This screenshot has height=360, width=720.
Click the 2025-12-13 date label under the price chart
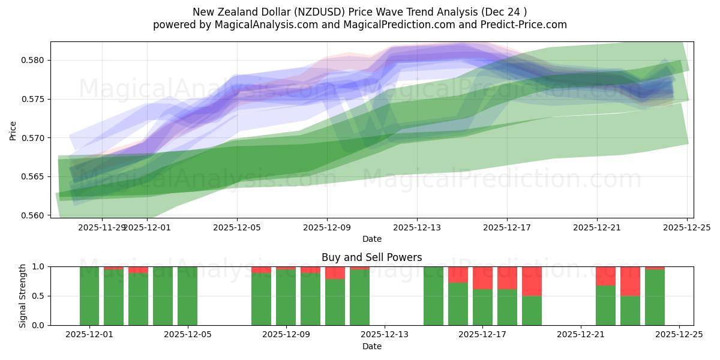pyautogui.click(x=417, y=227)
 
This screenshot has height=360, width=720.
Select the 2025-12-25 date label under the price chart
pyautogui.click(x=687, y=227)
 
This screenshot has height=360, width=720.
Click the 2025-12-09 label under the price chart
pyautogui.click(x=327, y=227)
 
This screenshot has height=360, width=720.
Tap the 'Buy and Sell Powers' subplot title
pyautogui.click(x=371, y=257)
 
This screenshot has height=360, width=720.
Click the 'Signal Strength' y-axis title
pyautogui.click(x=22, y=296)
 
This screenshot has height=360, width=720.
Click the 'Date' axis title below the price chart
pyautogui.click(x=371, y=239)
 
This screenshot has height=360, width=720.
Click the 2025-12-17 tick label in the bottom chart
pyautogui.click(x=482, y=335)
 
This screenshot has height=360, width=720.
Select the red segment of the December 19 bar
pyautogui.click(x=532, y=281)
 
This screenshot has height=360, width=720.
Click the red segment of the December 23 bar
pyautogui.click(x=630, y=281)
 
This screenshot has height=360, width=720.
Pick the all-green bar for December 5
pyautogui.click(x=187, y=296)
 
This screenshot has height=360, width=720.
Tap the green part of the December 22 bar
pyautogui.click(x=605, y=305)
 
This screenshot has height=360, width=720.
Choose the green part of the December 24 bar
pyautogui.click(x=655, y=298)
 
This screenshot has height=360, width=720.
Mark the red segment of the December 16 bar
pyautogui.click(x=458, y=275)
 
